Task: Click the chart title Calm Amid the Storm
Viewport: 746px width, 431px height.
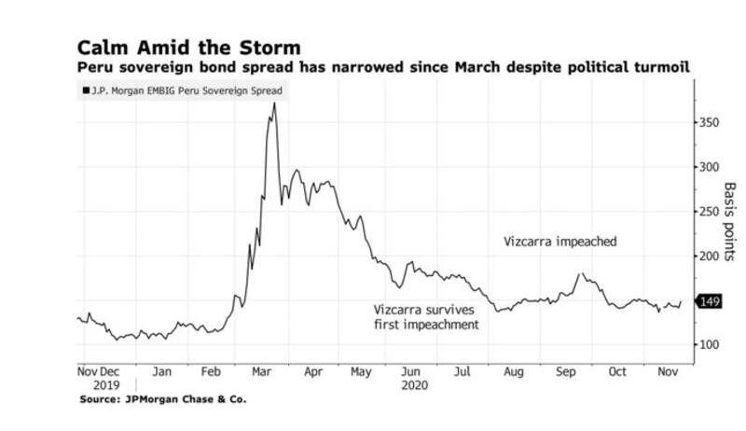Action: (190, 47)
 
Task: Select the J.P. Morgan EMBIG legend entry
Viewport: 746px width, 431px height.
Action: (183, 90)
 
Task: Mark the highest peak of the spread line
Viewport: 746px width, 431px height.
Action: (274, 104)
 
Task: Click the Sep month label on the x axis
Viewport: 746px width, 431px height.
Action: (566, 370)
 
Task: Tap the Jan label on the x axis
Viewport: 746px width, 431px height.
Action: (162, 370)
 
